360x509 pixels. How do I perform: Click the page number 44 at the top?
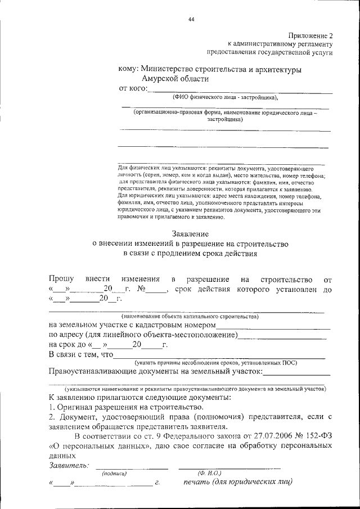pyautogui.click(x=191, y=20)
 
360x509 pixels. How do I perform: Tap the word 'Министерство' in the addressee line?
pyautogui.click(x=168, y=69)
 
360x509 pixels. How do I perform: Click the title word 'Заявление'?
pyautogui.click(x=190, y=233)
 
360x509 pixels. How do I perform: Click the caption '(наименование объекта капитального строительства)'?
pyautogui.click(x=186, y=317)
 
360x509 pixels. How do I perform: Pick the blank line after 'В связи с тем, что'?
pyautogui.click(x=219, y=355)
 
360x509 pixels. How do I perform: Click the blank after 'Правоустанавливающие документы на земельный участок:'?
pyautogui.click(x=296, y=372)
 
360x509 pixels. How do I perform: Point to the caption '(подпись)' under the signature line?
pyautogui.click(x=114, y=474)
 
